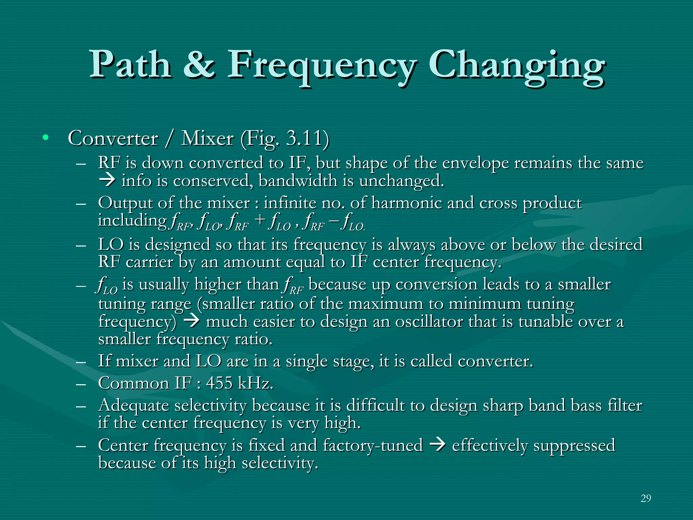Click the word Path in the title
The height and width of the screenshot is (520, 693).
pos(130,64)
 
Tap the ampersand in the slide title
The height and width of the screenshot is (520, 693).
pos(199,64)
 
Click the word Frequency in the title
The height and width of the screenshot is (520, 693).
pos(321,66)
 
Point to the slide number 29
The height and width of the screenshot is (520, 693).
pos(646,498)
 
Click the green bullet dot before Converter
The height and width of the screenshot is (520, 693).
pos(45,138)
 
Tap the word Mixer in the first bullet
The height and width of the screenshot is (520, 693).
pos(207,138)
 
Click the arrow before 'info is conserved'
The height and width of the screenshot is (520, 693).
pos(107,180)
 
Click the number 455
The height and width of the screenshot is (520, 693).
pos(219,383)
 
